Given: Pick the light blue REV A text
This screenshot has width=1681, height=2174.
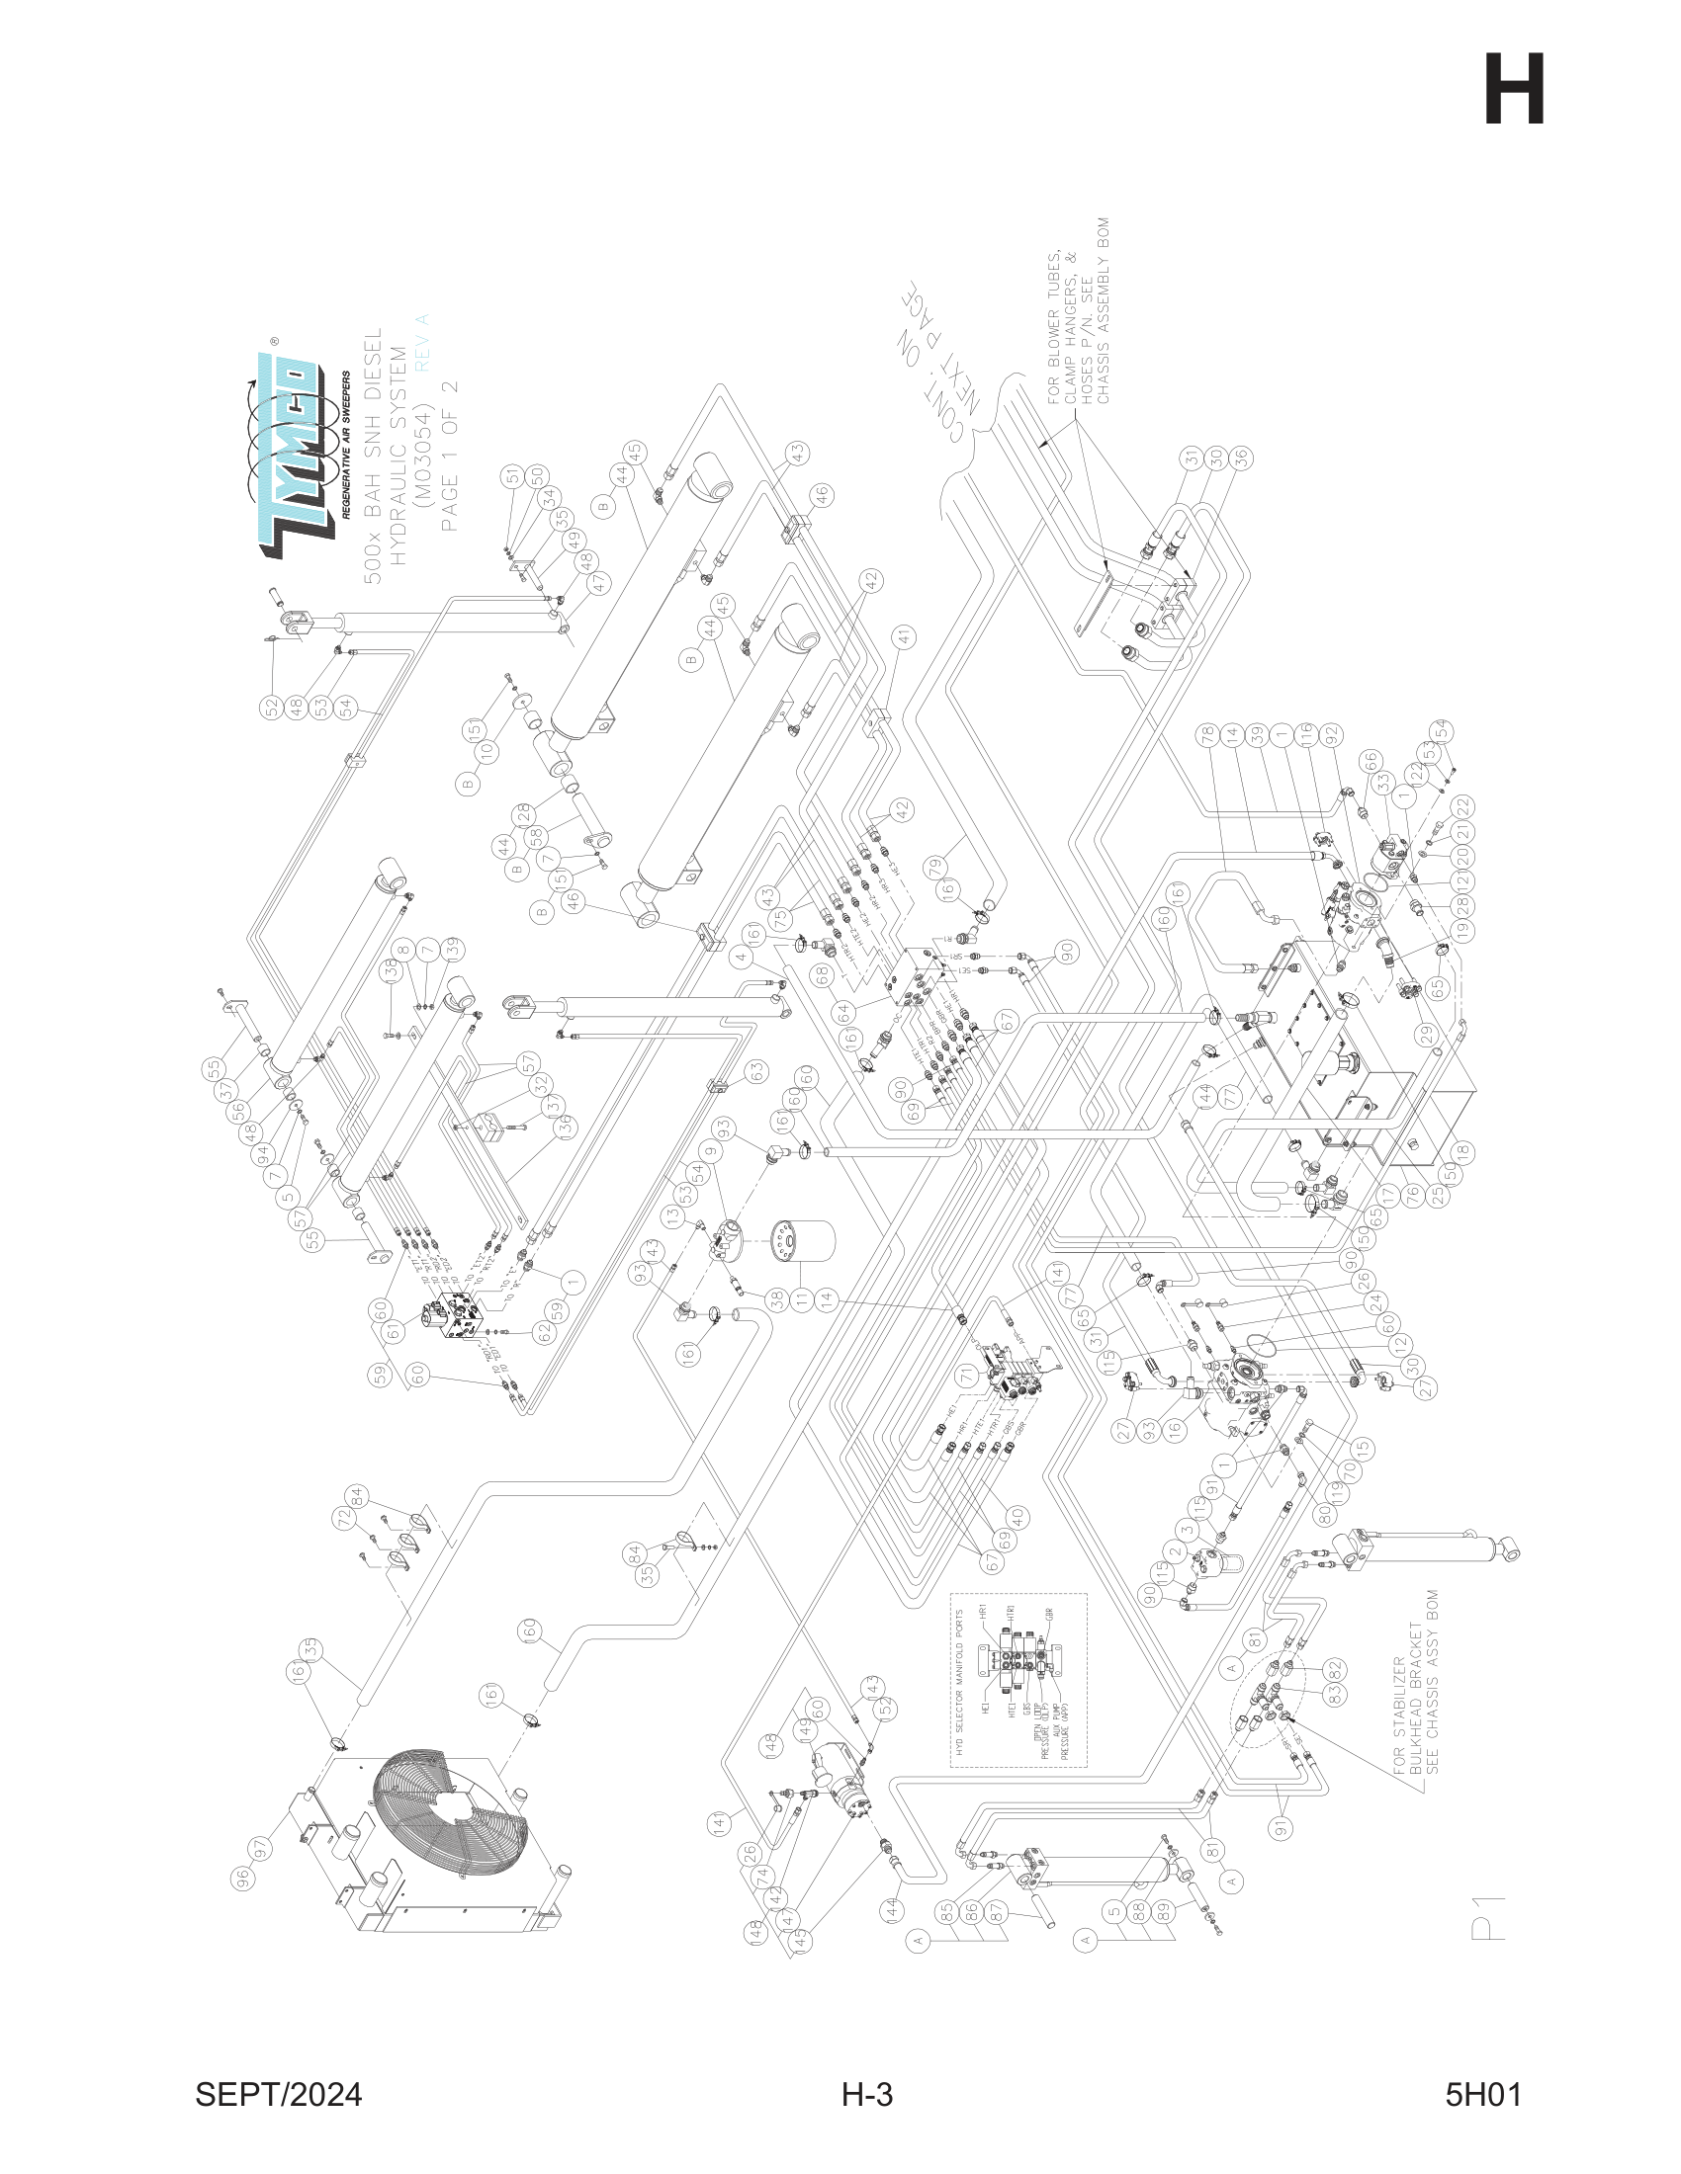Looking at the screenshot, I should [422, 342].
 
